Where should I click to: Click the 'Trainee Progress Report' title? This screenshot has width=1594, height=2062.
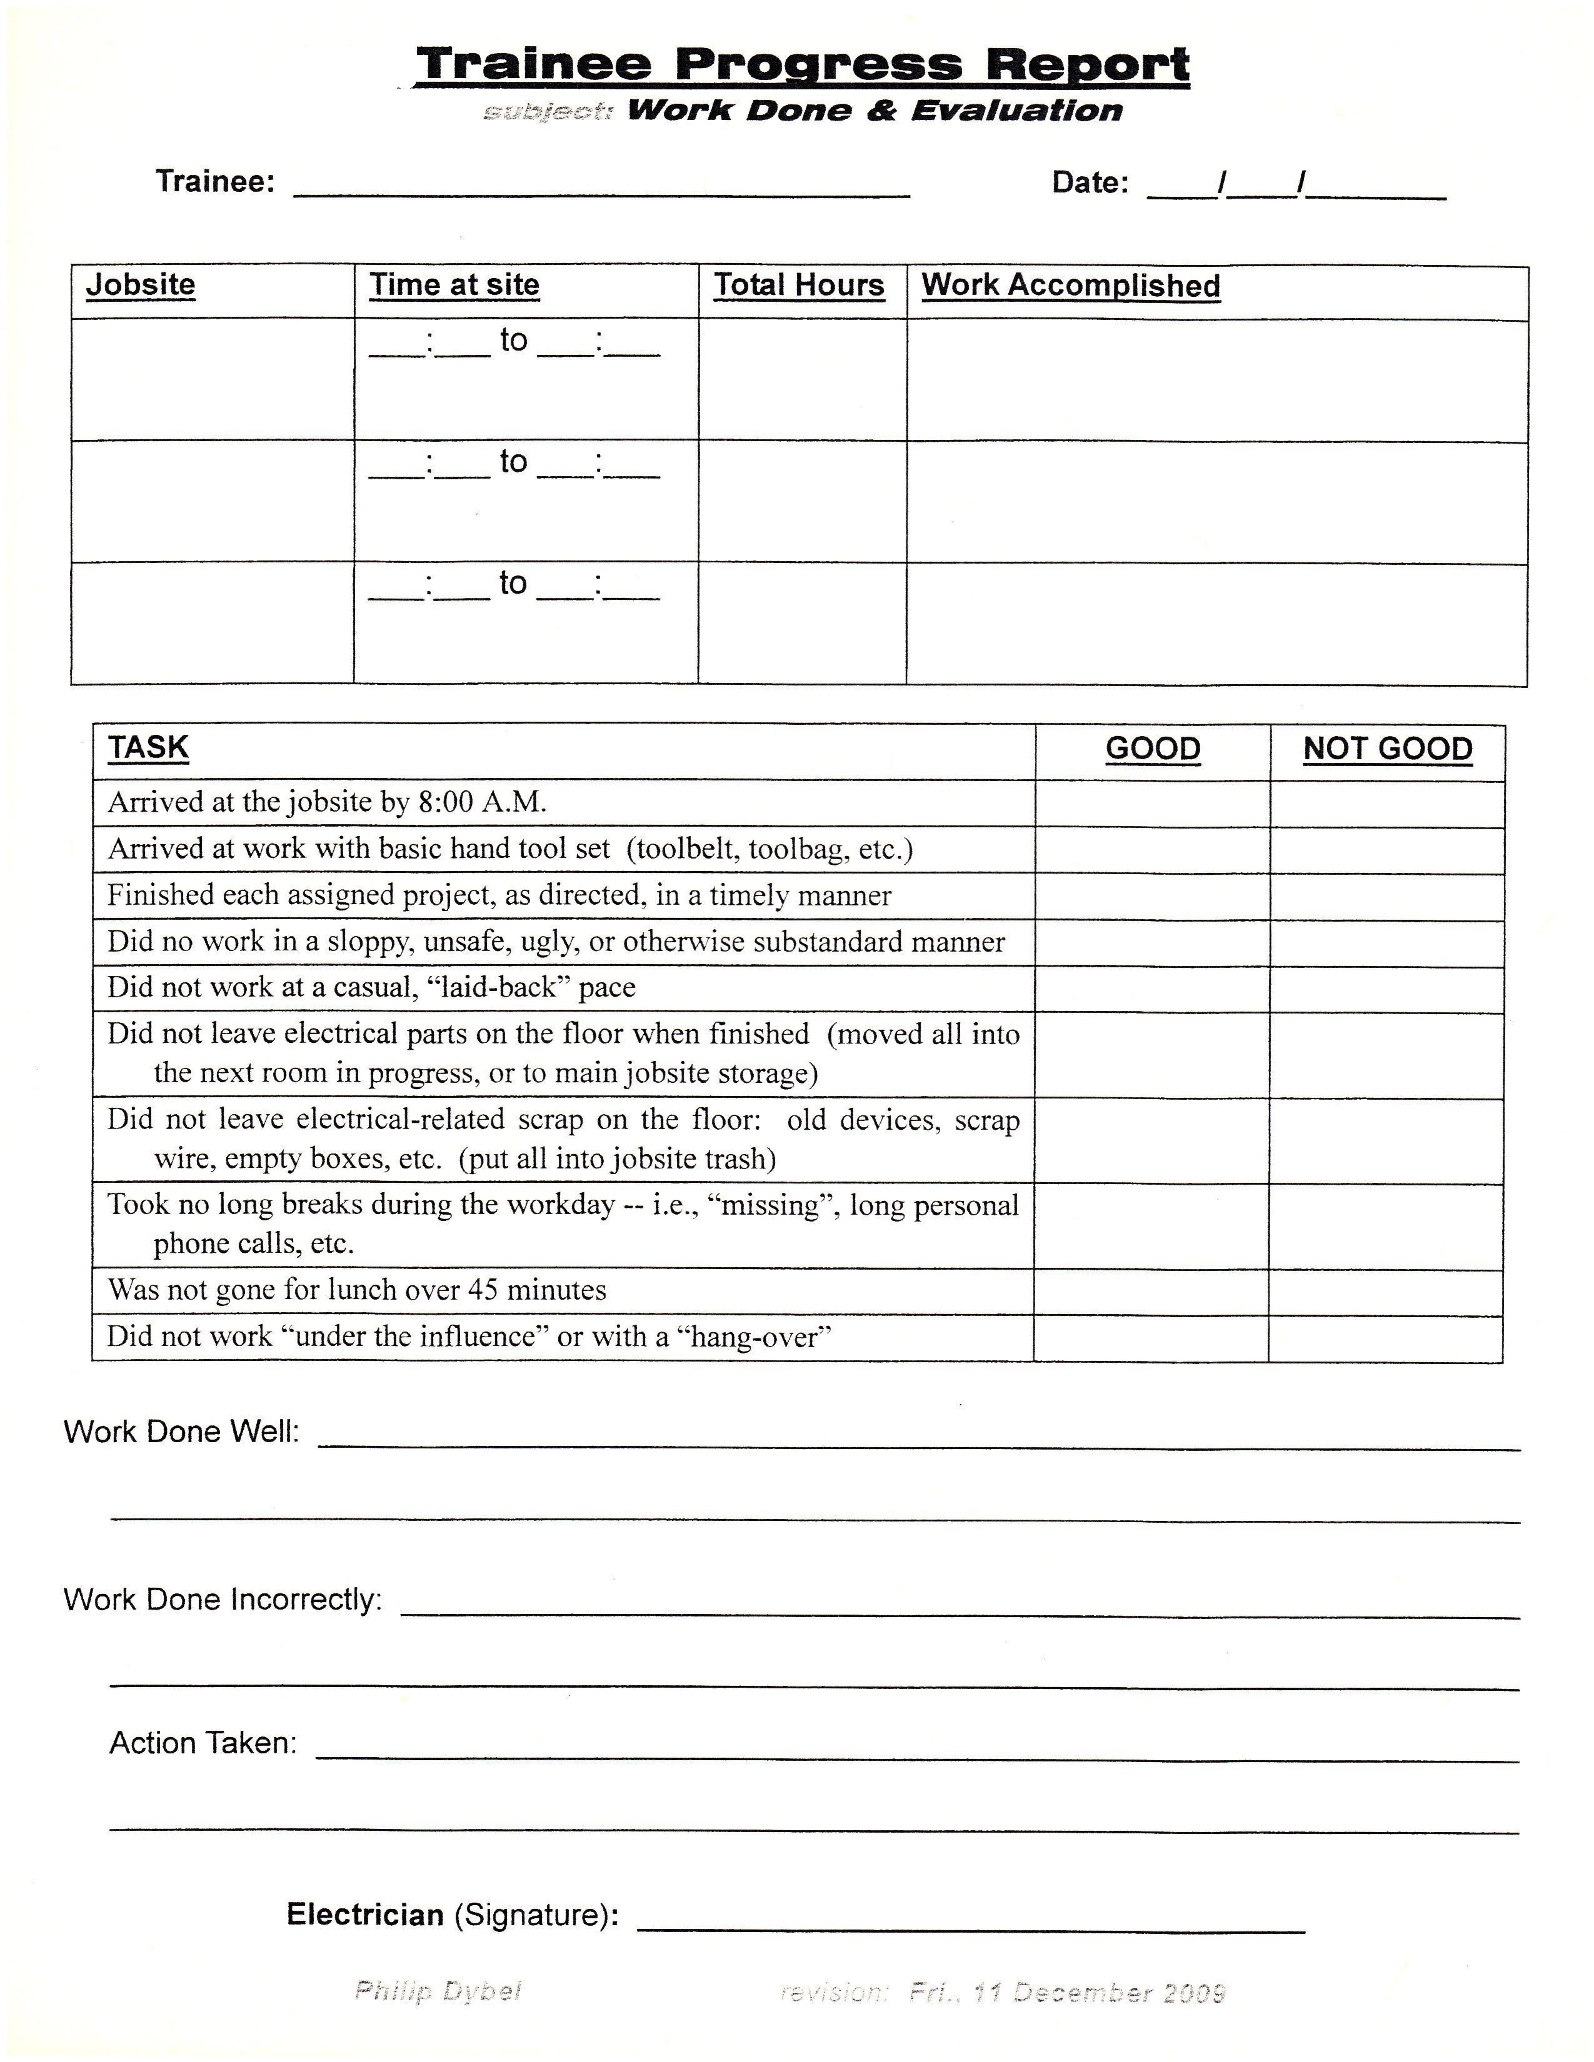coord(802,64)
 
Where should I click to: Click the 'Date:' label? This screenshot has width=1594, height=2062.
coord(1090,182)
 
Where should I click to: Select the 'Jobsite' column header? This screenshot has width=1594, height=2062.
coord(141,284)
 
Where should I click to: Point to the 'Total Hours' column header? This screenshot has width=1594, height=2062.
coord(799,285)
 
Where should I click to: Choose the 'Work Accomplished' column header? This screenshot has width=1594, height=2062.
coord(1071,285)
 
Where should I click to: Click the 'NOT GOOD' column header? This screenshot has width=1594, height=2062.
coord(1387,749)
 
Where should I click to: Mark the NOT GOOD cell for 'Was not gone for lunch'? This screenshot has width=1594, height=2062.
coord(1385,1292)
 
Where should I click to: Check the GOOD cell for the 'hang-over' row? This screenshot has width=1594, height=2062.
coord(1151,1338)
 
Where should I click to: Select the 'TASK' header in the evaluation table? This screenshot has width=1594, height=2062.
coord(148,747)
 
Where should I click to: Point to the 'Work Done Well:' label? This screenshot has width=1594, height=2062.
coord(181,1432)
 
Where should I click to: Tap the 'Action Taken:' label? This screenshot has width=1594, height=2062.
coord(203,1743)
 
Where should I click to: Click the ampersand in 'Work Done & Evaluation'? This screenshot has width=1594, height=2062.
coord(881,111)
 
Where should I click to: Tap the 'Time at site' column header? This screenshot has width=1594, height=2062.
coord(454,284)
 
